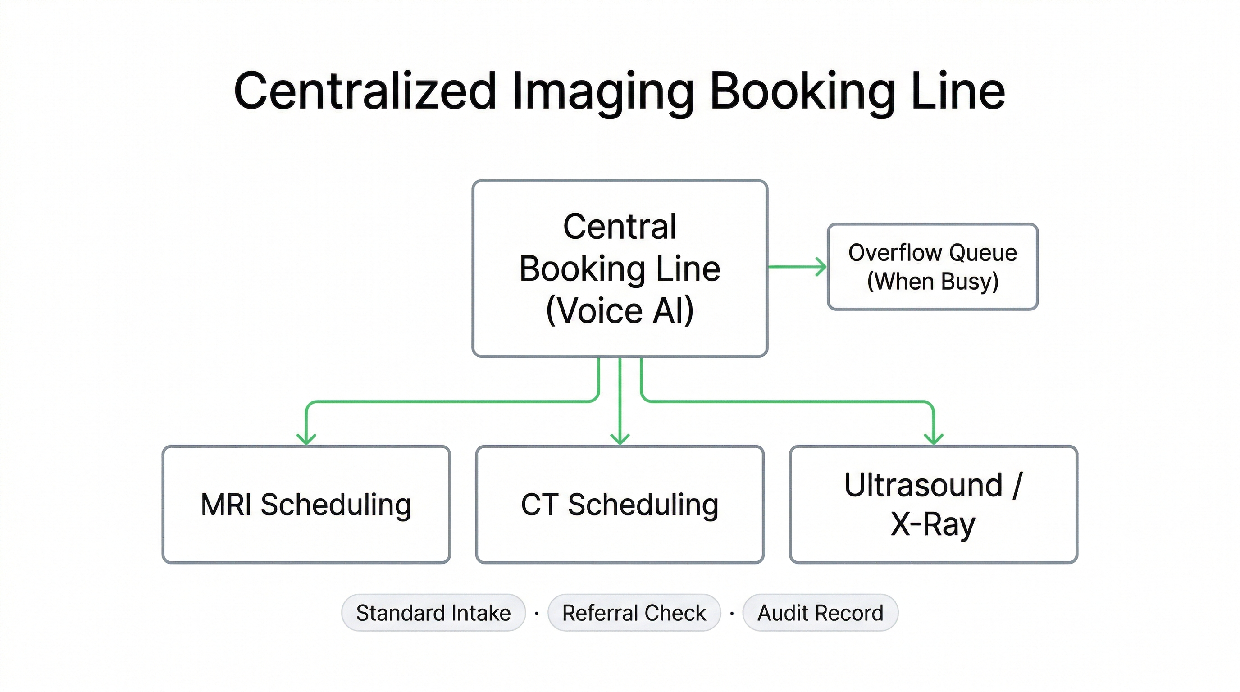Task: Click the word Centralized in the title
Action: tap(365, 91)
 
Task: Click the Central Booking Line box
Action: tap(620, 268)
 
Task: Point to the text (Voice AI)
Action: tap(620, 310)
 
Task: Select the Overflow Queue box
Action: tap(932, 267)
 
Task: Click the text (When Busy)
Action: tap(932, 281)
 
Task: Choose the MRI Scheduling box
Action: tap(306, 504)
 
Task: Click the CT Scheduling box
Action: tap(620, 504)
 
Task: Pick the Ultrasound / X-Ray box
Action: tap(933, 504)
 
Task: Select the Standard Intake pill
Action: tap(433, 613)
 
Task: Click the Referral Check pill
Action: tap(634, 613)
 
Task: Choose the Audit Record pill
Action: tap(820, 613)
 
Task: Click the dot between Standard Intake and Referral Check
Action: tap(537, 613)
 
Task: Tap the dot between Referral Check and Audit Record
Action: tap(732, 613)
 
